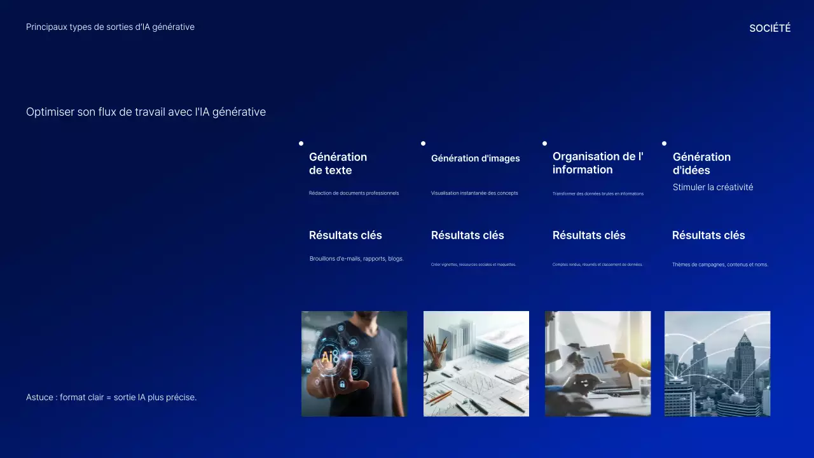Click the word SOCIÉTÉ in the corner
coord(769,28)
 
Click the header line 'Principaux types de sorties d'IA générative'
coord(110,27)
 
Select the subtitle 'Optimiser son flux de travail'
coord(146,112)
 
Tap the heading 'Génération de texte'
coord(338,163)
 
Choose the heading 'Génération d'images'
coord(475,158)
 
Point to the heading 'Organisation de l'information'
coord(597,163)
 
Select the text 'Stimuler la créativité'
coord(712,187)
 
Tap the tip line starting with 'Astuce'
coord(111,397)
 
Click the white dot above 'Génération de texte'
coord(301,144)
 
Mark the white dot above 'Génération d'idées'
coord(664,144)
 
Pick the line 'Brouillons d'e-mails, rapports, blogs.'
coord(356,259)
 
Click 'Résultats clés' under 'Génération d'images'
coord(467,235)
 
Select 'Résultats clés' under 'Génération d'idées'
coord(708,235)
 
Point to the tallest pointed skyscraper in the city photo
coord(742,363)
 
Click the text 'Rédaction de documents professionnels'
coord(354,193)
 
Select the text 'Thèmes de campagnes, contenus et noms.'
coord(720,265)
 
